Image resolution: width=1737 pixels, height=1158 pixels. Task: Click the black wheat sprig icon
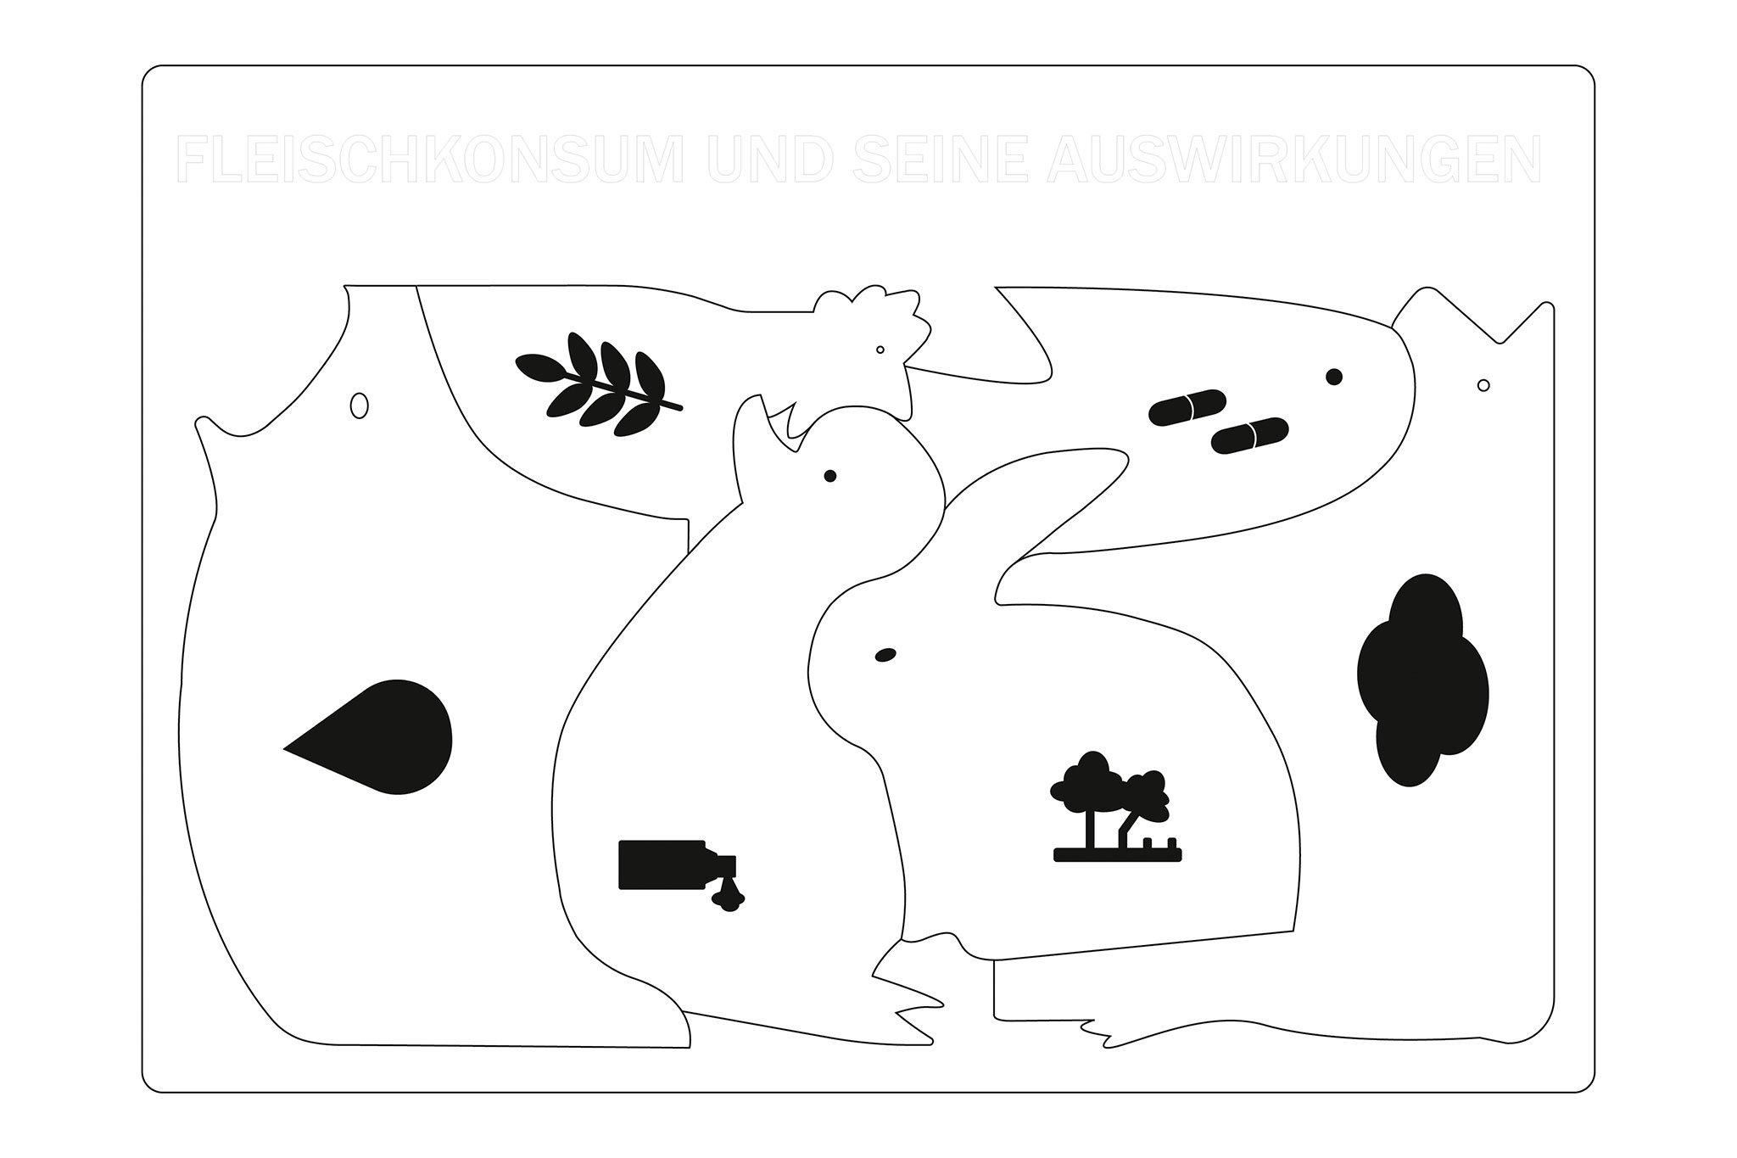pos(598,384)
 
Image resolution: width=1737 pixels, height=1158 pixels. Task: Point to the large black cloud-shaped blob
pos(1422,680)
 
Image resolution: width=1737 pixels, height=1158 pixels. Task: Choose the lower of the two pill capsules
pos(1250,435)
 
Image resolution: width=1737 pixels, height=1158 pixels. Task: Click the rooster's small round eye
pos(880,350)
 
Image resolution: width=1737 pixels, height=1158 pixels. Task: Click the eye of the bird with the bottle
pos(829,476)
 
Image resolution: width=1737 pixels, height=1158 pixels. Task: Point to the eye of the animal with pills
pos(1333,377)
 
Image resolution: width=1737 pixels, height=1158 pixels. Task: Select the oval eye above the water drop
pos(359,406)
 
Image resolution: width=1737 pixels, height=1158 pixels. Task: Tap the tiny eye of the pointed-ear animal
pos(1483,385)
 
